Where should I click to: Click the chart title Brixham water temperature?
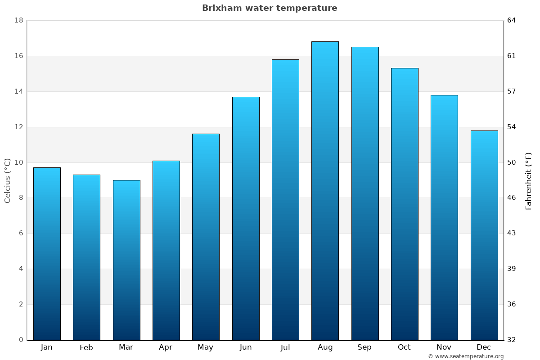[270, 8]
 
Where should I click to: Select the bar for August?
[325, 191]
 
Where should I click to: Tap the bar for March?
[126, 260]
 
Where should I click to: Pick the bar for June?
[246, 218]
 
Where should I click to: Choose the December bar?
[484, 235]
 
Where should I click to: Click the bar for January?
[47, 254]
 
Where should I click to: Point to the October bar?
[405, 204]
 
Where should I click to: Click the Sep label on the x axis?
[364, 347]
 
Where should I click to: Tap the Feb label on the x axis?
[86, 347]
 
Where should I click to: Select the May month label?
[206, 347]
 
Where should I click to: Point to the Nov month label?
[444, 347]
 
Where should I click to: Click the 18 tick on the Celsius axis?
[19, 21]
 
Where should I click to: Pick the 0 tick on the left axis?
[21, 340]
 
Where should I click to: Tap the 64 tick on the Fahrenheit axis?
[512, 21]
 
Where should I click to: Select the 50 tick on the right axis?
[512, 162]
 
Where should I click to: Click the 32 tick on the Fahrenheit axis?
[512, 340]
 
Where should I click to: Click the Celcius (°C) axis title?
[7, 180]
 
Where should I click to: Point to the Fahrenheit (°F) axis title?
[529, 180]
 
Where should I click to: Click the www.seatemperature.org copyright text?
[466, 356]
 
